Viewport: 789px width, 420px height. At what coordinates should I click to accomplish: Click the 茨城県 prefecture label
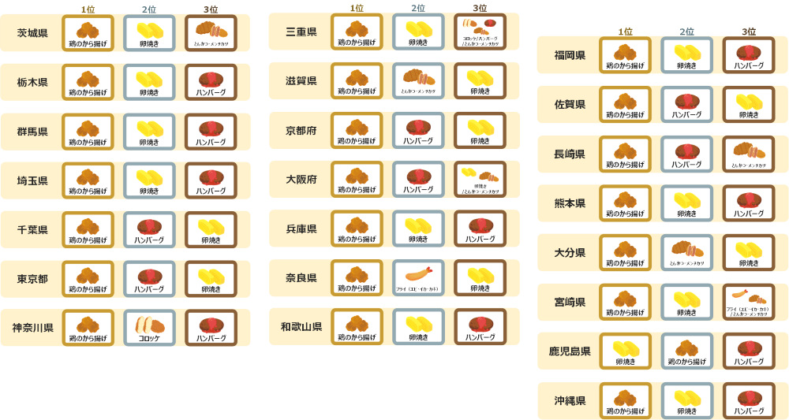pyautogui.click(x=32, y=33)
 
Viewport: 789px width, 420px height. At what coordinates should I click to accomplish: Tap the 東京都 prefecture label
pyautogui.click(x=32, y=279)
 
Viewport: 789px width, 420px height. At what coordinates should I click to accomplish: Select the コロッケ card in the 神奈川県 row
pyautogui.click(x=149, y=328)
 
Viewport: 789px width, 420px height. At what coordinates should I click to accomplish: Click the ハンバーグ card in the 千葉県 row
pyautogui.click(x=149, y=229)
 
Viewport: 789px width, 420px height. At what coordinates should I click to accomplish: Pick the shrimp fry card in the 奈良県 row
pyautogui.click(x=418, y=278)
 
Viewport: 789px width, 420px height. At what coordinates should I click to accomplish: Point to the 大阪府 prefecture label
pyautogui.click(x=301, y=180)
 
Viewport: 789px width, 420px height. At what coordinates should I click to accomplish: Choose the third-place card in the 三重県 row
pyautogui.click(x=480, y=32)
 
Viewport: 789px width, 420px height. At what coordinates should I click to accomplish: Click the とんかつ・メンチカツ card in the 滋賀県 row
pyautogui.click(x=418, y=81)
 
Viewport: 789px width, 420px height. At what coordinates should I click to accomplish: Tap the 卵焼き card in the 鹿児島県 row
pyautogui.click(x=626, y=351)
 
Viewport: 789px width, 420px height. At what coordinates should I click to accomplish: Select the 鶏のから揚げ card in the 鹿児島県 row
pyautogui.click(x=686, y=351)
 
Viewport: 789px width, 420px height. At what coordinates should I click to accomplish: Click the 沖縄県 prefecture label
pyautogui.click(x=570, y=400)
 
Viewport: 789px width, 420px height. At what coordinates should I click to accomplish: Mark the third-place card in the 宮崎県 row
pyautogui.click(x=748, y=303)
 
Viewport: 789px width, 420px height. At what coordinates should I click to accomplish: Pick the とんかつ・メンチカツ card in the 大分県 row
pyautogui.click(x=686, y=253)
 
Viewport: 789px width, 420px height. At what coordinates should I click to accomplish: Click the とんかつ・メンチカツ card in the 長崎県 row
pyautogui.click(x=748, y=154)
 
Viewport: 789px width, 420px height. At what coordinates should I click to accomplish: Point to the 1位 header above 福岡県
pyautogui.click(x=626, y=32)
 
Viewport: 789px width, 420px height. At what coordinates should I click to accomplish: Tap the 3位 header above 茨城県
pyautogui.click(x=211, y=9)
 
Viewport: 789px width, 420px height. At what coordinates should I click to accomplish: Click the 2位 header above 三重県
pyautogui.click(x=418, y=8)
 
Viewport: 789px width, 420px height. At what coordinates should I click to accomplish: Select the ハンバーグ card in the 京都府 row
pyautogui.click(x=418, y=131)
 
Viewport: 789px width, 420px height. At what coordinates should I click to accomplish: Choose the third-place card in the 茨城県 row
pyautogui.click(x=211, y=33)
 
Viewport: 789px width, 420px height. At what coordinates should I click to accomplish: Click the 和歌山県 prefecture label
pyautogui.click(x=301, y=327)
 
